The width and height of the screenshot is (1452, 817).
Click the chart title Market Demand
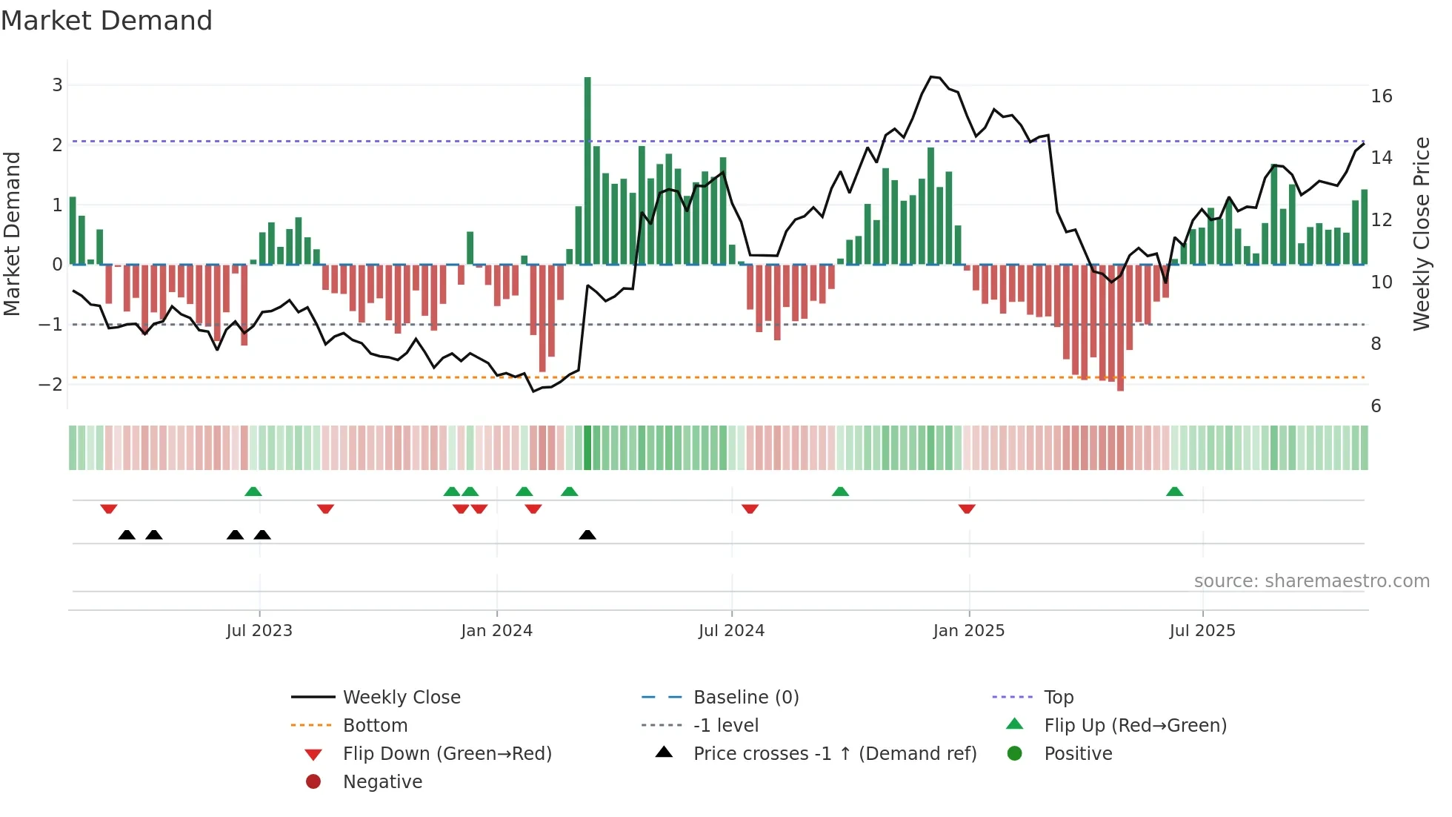click(107, 21)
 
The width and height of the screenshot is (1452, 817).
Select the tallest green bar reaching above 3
click(587, 171)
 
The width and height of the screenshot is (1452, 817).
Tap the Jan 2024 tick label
click(496, 631)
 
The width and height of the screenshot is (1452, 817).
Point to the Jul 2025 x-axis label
click(1202, 631)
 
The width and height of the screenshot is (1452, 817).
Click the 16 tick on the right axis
click(1381, 96)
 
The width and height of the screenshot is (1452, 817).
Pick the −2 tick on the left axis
click(50, 384)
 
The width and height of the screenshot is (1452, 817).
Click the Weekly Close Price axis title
click(1421, 234)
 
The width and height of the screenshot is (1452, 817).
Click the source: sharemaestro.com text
click(1311, 581)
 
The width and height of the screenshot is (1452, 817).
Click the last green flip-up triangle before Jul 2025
click(1174, 492)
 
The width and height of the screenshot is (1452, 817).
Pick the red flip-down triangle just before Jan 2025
click(966, 509)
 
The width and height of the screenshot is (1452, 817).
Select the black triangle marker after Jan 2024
click(587, 535)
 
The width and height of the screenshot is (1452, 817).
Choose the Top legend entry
click(1058, 698)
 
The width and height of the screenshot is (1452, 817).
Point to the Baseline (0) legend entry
click(745, 698)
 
